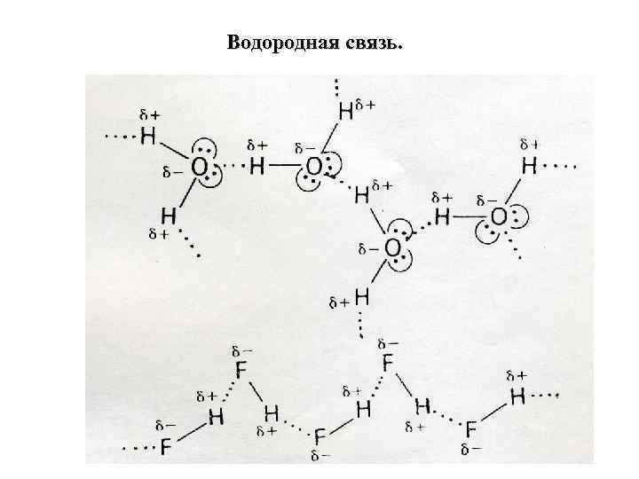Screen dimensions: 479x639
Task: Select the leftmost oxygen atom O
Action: (201, 167)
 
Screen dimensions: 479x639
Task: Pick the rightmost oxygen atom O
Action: (499, 216)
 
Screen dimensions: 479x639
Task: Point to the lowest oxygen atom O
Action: (392, 247)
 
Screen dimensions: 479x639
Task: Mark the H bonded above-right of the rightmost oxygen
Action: (529, 166)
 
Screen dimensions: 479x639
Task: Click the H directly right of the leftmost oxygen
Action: (257, 166)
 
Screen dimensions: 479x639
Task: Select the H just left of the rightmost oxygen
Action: (442, 216)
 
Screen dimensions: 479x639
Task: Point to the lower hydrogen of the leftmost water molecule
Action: (167, 216)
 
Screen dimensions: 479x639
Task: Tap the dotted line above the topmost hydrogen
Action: (336, 87)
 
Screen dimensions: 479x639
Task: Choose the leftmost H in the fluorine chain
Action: (214, 417)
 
